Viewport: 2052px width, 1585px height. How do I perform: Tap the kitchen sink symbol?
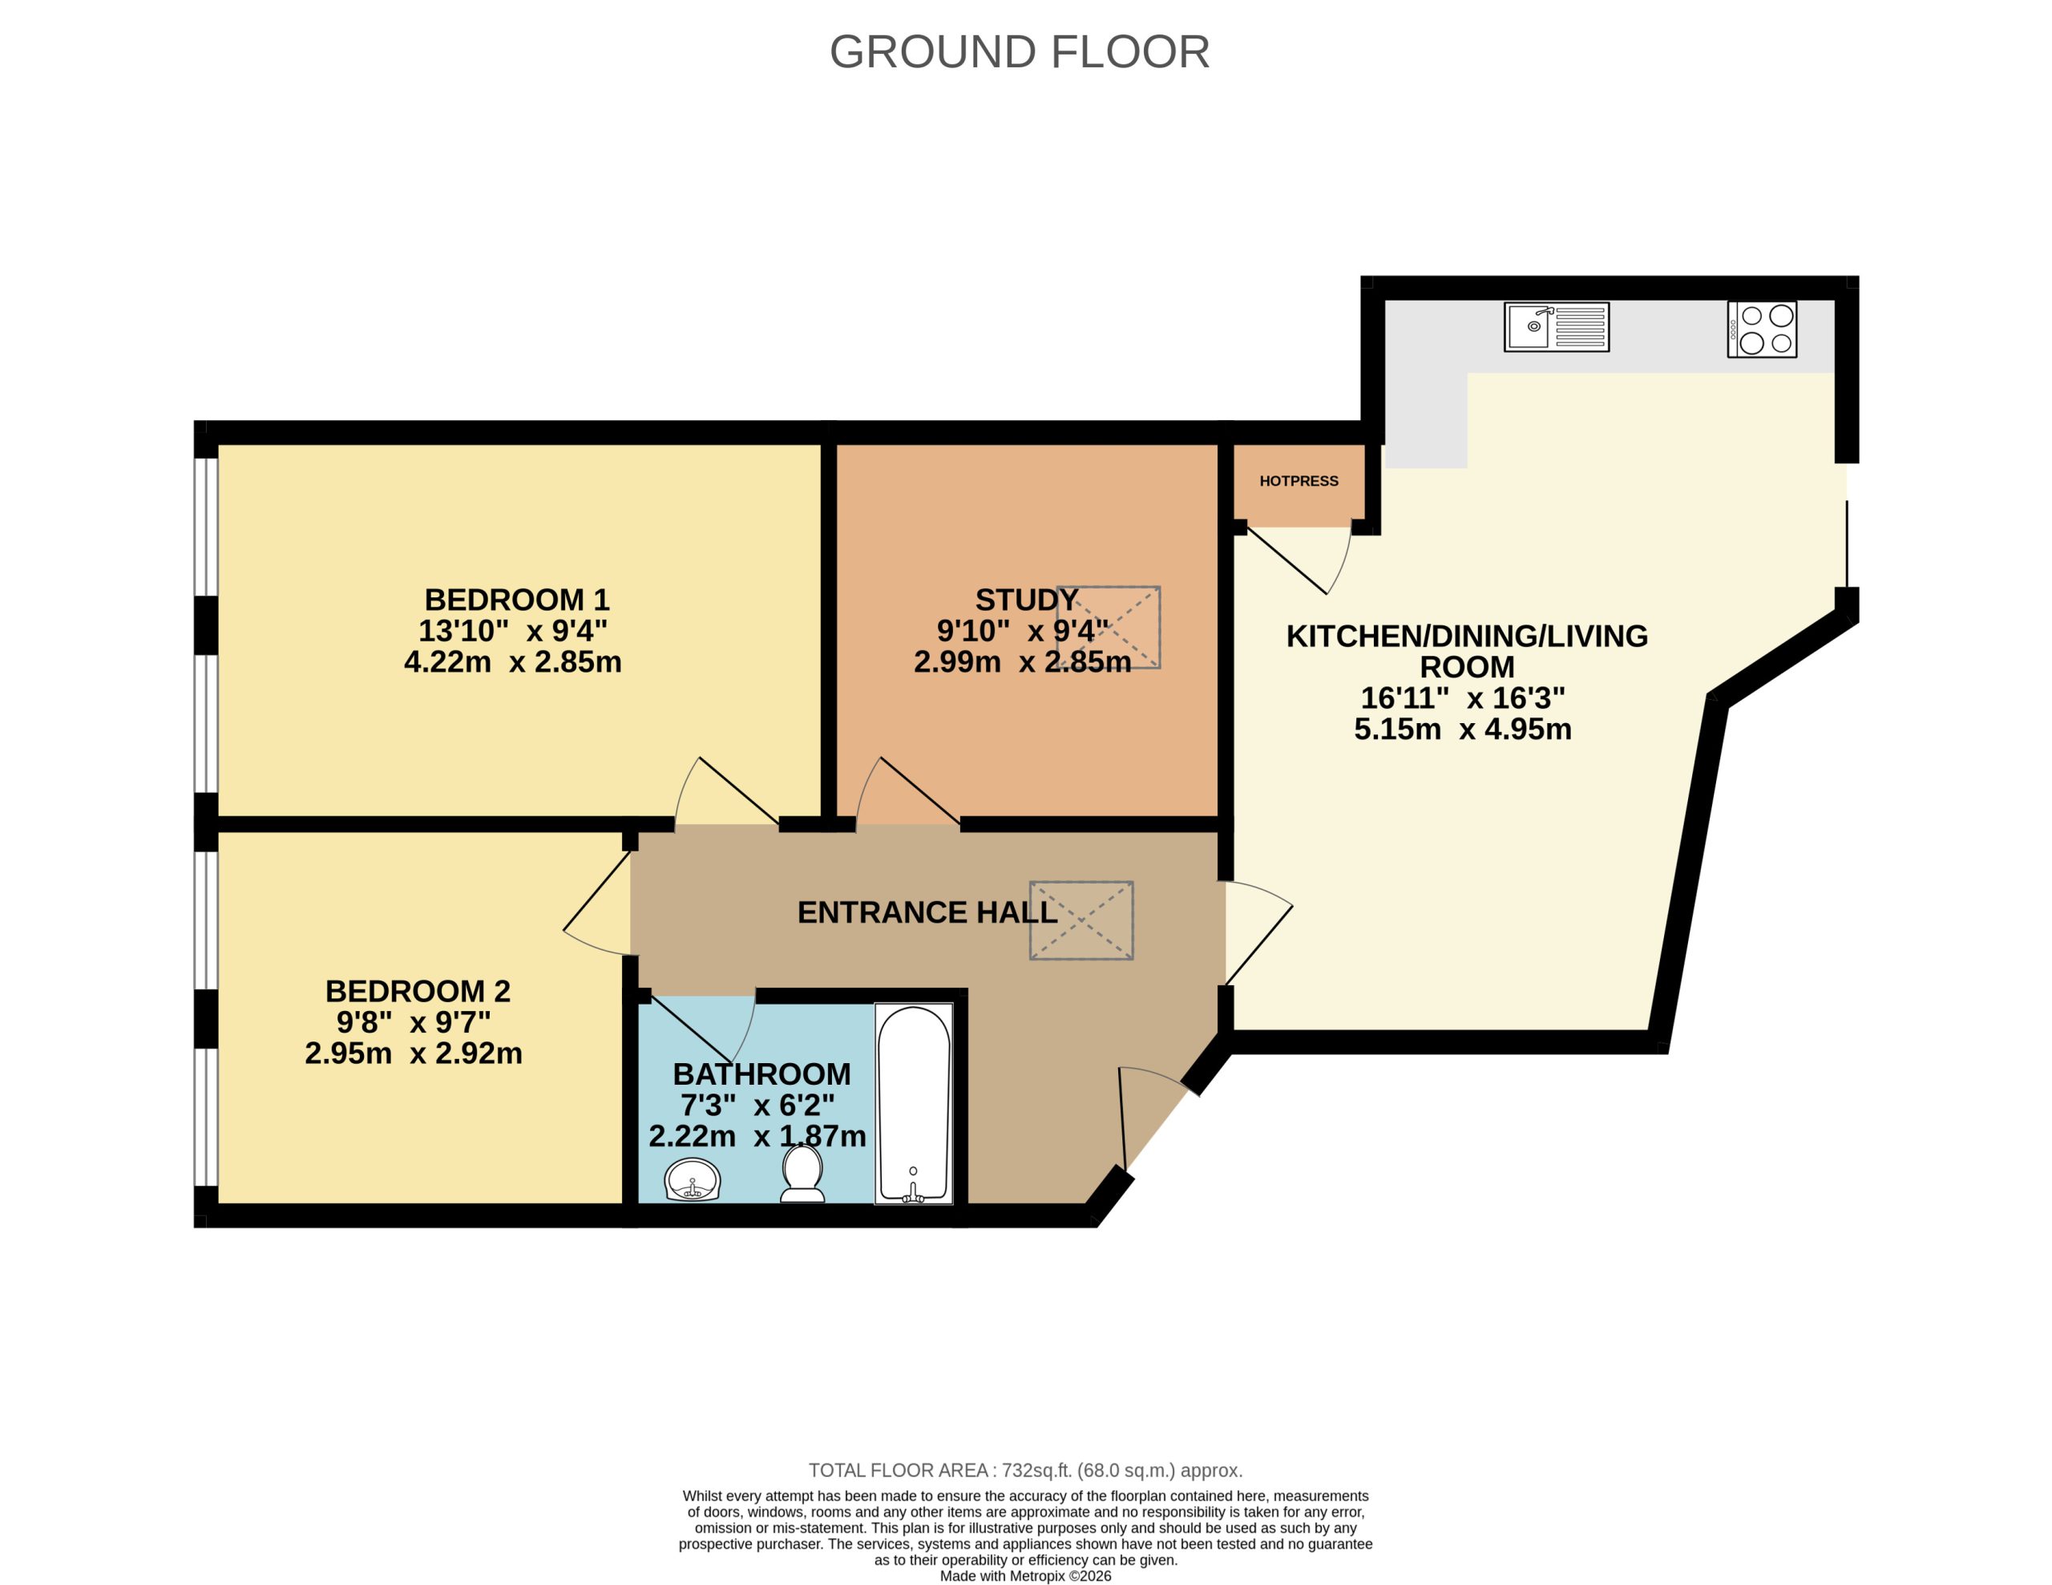1556,327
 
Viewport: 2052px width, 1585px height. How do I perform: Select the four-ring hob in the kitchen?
1762,329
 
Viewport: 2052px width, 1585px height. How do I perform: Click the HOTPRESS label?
1299,481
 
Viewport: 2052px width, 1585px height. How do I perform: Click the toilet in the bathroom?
802,1174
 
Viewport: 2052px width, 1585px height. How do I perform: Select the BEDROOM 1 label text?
517,600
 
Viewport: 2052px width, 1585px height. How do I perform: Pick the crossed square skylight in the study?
1109,628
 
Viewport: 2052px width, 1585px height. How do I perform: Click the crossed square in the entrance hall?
1081,920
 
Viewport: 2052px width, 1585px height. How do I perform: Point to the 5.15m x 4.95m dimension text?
1462,729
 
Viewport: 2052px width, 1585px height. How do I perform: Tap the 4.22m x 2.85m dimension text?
513,662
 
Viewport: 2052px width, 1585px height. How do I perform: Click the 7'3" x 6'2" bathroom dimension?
757,1105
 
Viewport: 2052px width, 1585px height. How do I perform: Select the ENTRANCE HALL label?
927,912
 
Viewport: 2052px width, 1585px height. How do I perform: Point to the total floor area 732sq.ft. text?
1025,1470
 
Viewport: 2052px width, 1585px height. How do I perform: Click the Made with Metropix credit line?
1025,1576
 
